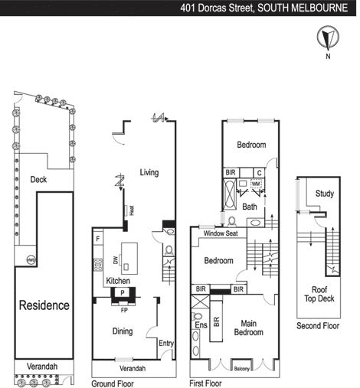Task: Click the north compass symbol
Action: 328,37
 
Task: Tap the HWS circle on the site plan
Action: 31,260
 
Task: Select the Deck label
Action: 38,180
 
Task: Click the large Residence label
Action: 44,305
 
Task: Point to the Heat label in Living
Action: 132,210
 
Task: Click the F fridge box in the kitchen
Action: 98,239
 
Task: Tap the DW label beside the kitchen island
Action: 116,260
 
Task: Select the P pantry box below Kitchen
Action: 123,292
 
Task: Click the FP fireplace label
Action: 124,310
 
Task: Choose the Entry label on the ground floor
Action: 166,343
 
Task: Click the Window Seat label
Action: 221,233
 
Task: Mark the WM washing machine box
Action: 256,184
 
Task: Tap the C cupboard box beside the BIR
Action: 260,173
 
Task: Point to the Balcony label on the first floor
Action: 241,369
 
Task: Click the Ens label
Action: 201,325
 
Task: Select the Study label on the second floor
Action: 325,194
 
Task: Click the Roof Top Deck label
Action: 319,294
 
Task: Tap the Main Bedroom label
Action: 249,328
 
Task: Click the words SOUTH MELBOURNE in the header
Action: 303,8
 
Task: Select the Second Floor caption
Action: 318,326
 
